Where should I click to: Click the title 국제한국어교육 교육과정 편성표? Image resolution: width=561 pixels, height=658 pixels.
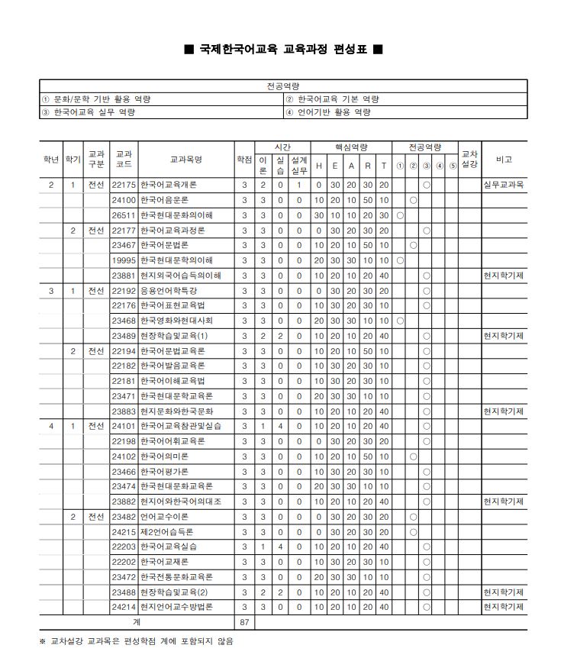[x=283, y=50]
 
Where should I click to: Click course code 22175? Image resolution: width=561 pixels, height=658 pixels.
[x=123, y=185]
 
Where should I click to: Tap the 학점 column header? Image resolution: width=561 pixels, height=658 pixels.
[x=244, y=160]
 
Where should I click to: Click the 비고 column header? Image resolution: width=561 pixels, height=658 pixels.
[x=504, y=160]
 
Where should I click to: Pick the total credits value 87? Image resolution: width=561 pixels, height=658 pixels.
[x=244, y=622]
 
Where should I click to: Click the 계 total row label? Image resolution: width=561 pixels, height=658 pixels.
[x=137, y=622]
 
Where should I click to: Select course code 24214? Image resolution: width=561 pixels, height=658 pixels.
[x=123, y=607]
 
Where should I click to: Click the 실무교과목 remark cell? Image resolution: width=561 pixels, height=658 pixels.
[x=504, y=185]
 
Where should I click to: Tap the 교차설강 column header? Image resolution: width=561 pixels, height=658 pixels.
[x=470, y=160]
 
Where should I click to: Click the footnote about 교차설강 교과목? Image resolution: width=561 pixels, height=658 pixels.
[x=137, y=641]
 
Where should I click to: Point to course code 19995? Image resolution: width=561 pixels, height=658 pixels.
[x=123, y=260]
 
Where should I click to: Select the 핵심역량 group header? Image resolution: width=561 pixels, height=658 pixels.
[x=351, y=147]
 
